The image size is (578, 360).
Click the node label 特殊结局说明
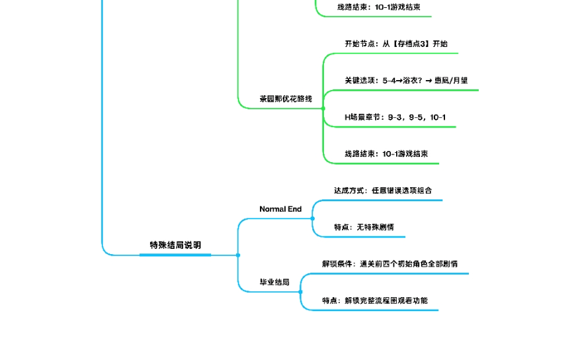click(175, 245)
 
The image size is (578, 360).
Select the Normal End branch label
click(280, 209)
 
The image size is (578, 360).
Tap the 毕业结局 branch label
click(274, 282)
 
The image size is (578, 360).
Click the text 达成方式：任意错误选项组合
click(383, 191)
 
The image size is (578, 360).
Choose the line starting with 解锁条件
click(390, 263)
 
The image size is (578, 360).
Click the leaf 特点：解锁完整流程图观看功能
click(375, 300)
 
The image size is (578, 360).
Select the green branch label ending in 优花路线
click(286, 99)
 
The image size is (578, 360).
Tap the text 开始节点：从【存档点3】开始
click(395, 44)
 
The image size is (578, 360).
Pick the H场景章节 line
click(395, 117)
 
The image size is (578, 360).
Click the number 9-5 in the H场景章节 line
click(416, 117)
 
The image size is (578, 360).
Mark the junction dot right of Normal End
click(313, 218)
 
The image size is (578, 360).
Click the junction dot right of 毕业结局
click(300, 291)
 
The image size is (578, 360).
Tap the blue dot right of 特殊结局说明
click(238, 255)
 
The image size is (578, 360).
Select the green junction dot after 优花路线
click(323, 108)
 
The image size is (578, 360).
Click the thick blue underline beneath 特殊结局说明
click(175, 254)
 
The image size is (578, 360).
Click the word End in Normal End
click(294, 209)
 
